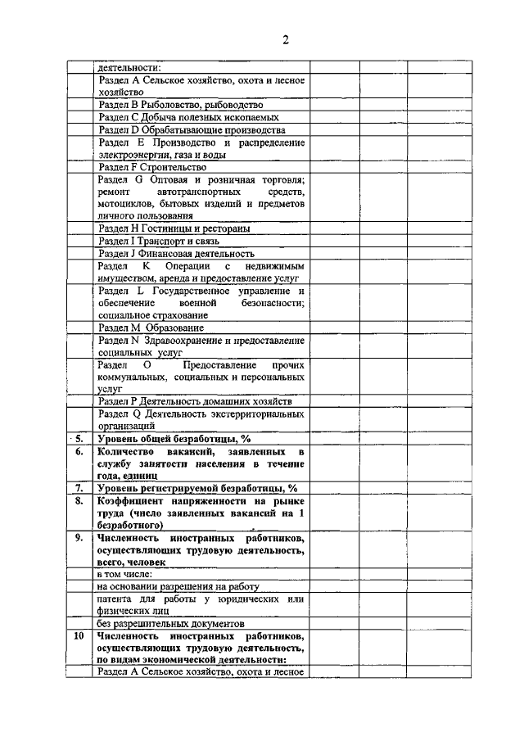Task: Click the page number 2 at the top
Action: coord(286,40)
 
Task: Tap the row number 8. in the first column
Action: coord(79,501)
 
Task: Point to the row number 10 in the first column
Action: coord(79,635)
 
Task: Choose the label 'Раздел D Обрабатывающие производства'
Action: coord(191,130)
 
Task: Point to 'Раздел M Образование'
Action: coord(151,328)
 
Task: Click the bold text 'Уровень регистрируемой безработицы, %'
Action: coord(196,488)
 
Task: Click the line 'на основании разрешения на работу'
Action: coord(178,587)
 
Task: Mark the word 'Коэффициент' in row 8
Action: coord(130,501)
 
